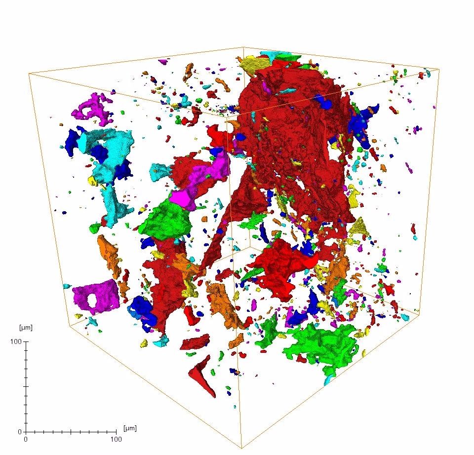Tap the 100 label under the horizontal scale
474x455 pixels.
point(115,439)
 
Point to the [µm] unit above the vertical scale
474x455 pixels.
point(25,328)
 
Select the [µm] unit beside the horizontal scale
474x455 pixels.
point(130,428)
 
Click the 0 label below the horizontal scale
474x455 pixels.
point(26,439)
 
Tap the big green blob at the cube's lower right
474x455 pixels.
point(321,345)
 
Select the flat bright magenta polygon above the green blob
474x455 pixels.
point(182,198)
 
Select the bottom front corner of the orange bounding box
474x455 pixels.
point(241,448)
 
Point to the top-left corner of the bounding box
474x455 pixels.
point(28,74)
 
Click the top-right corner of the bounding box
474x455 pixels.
point(439,69)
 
